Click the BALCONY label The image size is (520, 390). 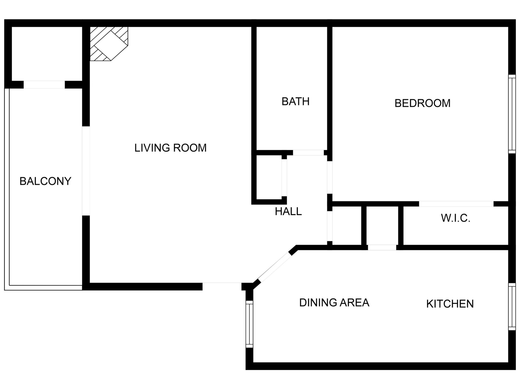pos(45,181)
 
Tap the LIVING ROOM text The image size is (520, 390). pos(170,148)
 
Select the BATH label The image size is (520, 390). pos(295,102)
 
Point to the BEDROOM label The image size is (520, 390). pos(422,103)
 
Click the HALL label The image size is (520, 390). pos(288,212)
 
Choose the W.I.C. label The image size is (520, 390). pos(456,218)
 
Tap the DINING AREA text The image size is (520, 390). pos(334,303)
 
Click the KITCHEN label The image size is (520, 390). pos(450,304)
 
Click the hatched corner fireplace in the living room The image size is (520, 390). pos(109,44)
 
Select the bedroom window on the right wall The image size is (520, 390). pos(512,114)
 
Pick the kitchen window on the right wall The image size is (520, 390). pos(512,307)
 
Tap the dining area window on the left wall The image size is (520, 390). pos(249,324)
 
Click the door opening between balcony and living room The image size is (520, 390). pos(86,171)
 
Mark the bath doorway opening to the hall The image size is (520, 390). pos(308,153)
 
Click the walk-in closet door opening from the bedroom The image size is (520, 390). pos(456,204)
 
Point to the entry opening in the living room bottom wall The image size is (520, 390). pos(222,287)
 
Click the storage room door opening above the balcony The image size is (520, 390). pos(44,84)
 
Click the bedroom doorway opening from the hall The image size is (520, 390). pos(330,178)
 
